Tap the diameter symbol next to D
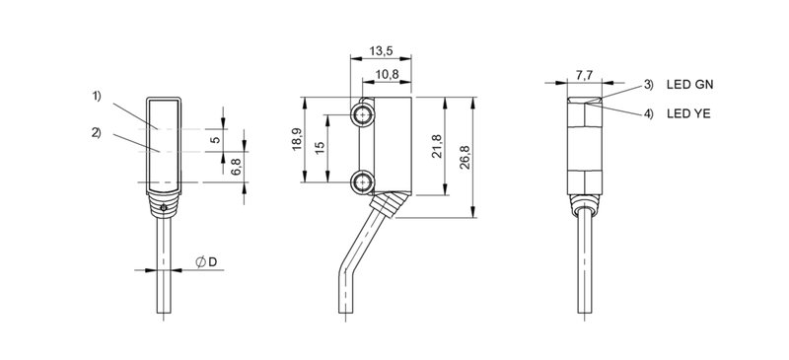click(x=200, y=261)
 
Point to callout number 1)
click(x=98, y=97)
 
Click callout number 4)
click(x=648, y=114)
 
